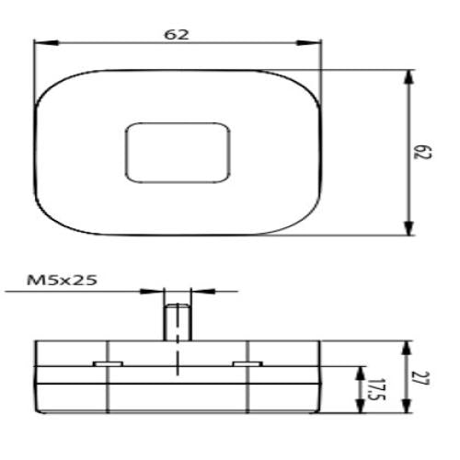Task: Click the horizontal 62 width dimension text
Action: pyautogui.click(x=177, y=34)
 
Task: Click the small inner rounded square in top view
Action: pyautogui.click(x=177, y=152)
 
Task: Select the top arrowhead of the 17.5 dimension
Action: pyautogui.click(x=357, y=369)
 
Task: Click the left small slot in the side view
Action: pyautogui.click(x=107, y=365)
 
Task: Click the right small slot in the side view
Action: pyautogui.click(x=245, y=365)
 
